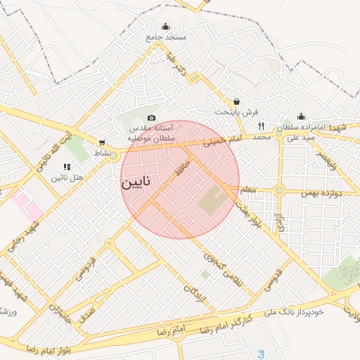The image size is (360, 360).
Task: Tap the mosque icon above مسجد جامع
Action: (165, 27)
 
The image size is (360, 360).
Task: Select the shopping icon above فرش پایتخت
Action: (236, 101)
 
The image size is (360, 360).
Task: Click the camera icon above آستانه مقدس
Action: (151, 118)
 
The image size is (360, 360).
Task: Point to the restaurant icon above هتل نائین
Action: (67, 167)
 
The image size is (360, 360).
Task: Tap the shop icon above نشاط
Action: (103, 142)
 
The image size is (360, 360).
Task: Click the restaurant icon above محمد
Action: (261, 126)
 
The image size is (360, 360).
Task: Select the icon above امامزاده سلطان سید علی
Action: (301, 117)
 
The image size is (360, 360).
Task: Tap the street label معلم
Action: (248, 190)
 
